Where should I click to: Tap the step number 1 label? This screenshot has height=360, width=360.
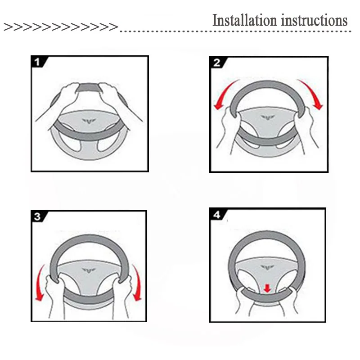[x=37, y=62]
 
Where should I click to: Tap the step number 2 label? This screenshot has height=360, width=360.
[x=217, y=63]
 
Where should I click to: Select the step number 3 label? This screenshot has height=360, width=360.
[x=37, y=216]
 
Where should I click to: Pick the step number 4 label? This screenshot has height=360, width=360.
[x=217, y=215]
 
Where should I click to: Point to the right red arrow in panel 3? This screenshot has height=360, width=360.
[x=138, y=283]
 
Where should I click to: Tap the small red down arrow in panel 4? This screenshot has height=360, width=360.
[x=267, y=288]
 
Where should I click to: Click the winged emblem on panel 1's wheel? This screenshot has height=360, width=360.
[x=89, y=121]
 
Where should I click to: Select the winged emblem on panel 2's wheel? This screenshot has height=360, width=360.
[x=268, y=117]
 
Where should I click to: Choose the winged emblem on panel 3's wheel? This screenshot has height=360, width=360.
[x=89, y=270]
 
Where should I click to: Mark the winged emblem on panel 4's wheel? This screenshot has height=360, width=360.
[x=268, y=267]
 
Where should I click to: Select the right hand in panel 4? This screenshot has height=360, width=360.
[x=290, y=298]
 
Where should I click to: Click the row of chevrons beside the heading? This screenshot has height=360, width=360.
[x=61, y=27]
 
